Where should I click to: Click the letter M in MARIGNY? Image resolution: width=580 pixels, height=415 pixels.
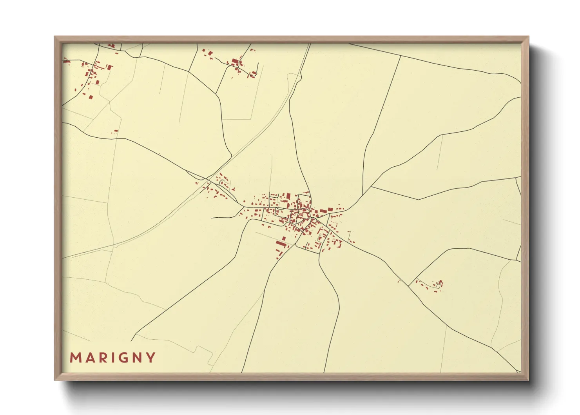(x=75, y=358)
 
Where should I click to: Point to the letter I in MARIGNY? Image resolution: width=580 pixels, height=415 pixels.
(x=112, y=358)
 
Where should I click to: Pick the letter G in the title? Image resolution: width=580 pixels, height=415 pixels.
(x=123, y=358)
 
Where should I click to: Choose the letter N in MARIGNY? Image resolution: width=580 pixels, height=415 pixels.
(x=137, y=358)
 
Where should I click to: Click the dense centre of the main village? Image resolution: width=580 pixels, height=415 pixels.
(x=300, y=214)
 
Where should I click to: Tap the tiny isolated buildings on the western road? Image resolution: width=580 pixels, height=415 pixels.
(x=115, y=132)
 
